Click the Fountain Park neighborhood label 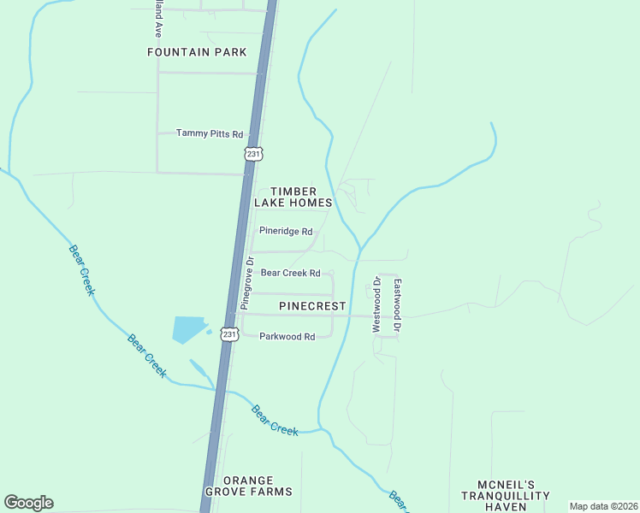197,52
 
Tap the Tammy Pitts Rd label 210,133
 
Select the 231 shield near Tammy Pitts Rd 253,153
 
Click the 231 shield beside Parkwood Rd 228,334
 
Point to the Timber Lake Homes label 293,198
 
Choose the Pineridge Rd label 286,231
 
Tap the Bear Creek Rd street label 290,274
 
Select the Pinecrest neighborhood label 312,305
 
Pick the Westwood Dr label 376,304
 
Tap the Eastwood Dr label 397,304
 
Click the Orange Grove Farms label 257,486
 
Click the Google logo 28,503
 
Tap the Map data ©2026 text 603,506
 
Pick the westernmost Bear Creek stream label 81,270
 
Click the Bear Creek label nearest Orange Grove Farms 275,420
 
